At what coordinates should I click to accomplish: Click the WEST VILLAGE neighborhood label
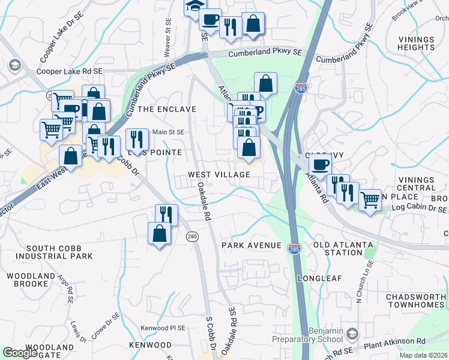point(218,174)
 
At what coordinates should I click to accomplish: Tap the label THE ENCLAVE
point(167,109)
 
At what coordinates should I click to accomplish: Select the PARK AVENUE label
point(251,245)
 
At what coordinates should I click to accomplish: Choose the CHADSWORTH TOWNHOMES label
point(416,301)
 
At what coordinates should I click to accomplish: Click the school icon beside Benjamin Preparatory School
point(353,333)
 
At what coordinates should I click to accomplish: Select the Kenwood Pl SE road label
point(163,328)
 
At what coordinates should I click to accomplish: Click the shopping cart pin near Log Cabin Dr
point(370,199)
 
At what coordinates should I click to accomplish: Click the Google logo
point(20,353)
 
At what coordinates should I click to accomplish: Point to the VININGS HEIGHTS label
point(416,44)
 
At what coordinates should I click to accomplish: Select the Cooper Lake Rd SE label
point(70,71)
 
